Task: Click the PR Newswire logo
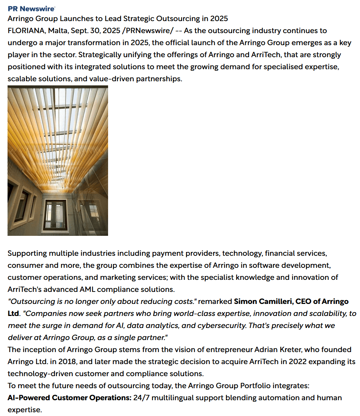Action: point(32,9)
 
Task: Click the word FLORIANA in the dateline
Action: point(26,30)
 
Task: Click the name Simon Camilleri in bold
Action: point(262,301)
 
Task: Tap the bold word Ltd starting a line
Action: point(13,313)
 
